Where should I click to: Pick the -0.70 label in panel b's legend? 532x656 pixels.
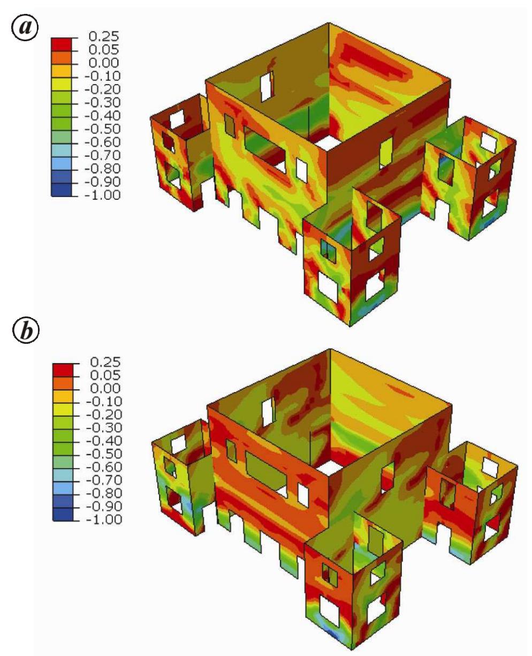pos(105,480)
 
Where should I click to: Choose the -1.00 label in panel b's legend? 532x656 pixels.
pos(105,519)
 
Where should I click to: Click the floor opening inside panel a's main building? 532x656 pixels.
pos(325,142)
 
